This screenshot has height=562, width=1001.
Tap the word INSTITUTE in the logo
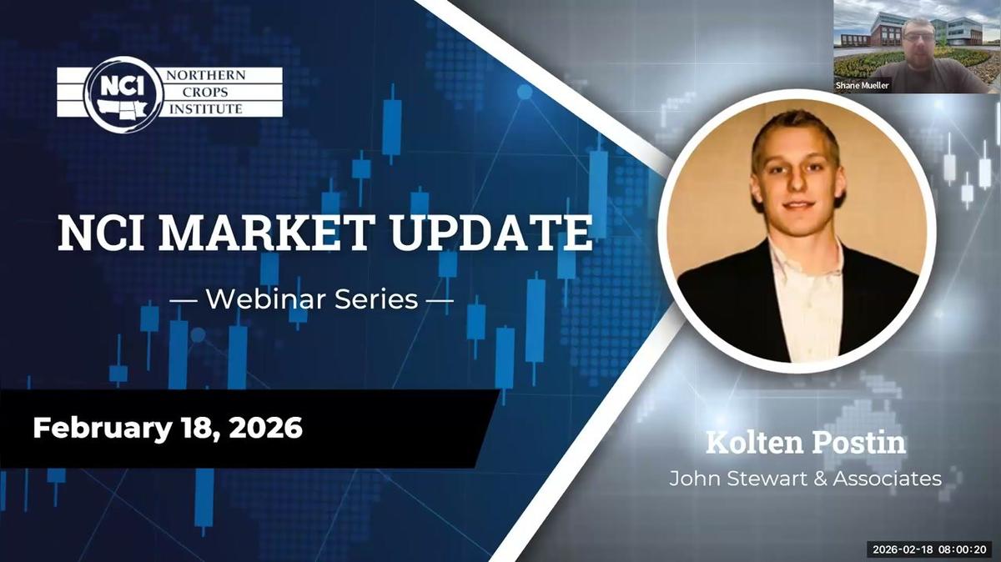pos(203,108)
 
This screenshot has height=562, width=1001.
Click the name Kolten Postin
pos(805,443)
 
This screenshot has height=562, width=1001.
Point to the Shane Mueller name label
pos(863,85)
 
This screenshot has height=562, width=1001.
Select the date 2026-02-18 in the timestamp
pos(902,549)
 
